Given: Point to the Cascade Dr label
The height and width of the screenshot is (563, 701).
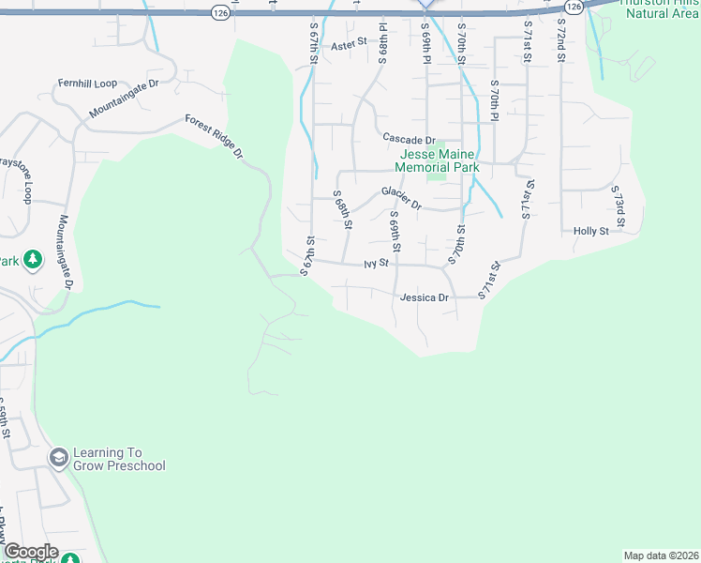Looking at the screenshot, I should [410, 139].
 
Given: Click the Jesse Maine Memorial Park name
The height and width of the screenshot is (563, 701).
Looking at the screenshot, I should [439, 160].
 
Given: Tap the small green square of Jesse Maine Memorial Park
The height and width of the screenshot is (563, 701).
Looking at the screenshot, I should [436, 173].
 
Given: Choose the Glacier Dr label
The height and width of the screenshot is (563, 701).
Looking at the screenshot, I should [402, 197].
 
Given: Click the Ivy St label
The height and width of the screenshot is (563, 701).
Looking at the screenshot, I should [376, 265].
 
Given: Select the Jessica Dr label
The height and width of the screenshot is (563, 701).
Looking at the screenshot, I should [425, 297].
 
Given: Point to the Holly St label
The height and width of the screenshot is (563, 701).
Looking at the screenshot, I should [591, 231].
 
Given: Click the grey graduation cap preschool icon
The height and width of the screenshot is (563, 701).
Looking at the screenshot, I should [58, 456].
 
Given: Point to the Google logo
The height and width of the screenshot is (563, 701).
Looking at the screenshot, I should [31, 552].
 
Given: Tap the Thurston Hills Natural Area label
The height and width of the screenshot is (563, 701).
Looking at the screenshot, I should [661, 9].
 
